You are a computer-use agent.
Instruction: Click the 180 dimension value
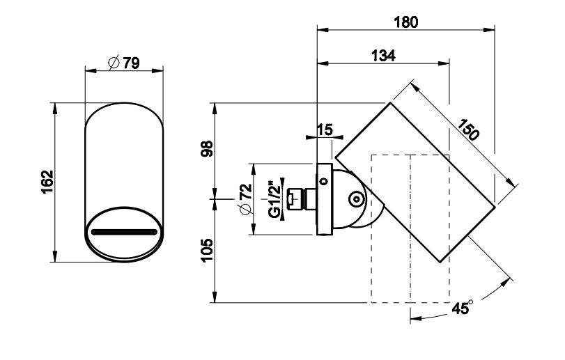[x=405, y=22]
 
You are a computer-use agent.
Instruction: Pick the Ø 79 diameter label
[x=124, y=63]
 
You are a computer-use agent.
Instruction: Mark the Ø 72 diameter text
[x=244, y=200]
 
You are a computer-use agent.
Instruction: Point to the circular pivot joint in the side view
[x=357, y=200]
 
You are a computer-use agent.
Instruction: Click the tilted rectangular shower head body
[x=418, y=181]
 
